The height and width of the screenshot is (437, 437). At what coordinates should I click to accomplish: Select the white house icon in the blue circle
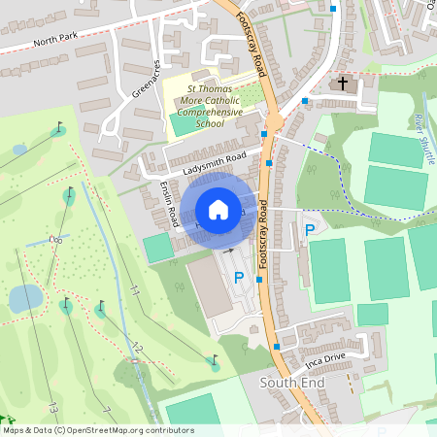click(x=218, y=210)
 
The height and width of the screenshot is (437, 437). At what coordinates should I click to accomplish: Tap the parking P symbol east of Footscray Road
click(x=309, y=230)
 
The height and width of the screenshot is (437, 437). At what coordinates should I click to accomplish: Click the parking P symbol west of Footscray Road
click(x=239, y=278)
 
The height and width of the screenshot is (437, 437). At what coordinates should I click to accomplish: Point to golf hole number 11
click(x=135, y=290)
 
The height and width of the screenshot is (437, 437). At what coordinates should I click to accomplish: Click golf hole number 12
click(x=137, y=347)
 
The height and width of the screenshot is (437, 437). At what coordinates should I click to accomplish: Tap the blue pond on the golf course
click(x=24, y=298)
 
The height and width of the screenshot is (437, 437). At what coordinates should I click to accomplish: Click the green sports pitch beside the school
click(x=183, y=124)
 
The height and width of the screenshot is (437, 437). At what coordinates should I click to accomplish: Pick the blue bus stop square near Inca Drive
click(x=278, y=345)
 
